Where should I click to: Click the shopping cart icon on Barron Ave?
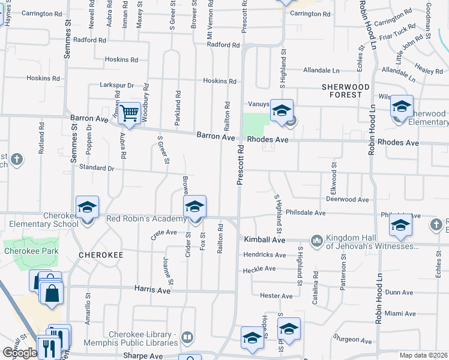tap(130, 112)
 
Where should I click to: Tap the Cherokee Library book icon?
tap(187, 338)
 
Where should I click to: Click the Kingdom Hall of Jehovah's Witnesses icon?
tap(317, 241)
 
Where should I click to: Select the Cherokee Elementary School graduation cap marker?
tap(87, 208)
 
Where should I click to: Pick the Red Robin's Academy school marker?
tap(193, 207)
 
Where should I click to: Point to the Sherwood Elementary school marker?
tap(402, 107)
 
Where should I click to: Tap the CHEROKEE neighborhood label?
tap(101, 255)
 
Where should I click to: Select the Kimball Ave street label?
tap(264, 239)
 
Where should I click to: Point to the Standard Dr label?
tap(96, 169)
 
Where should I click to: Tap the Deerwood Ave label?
tap(347, 199)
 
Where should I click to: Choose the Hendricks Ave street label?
tap(264, 254)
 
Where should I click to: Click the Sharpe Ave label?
tap(143, 356)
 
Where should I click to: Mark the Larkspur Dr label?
tap(116, 86)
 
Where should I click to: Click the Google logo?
tap(19, 353)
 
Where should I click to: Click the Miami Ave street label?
tap(400, 313)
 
